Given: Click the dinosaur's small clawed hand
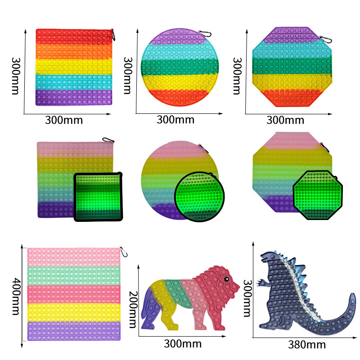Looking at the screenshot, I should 261,283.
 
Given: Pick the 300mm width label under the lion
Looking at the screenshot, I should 175,344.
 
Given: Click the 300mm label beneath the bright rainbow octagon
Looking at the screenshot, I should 285,120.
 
